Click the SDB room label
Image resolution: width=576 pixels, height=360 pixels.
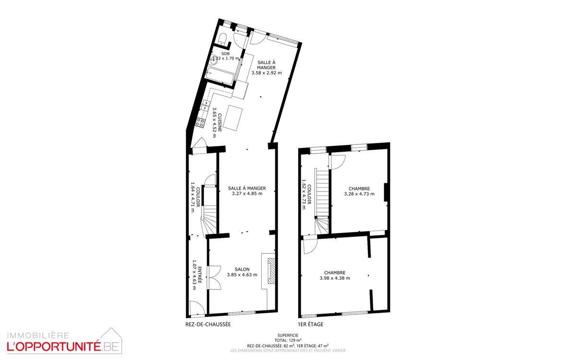(x=225, y=54)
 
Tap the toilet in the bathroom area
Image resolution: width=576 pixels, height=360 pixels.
(x=222, y=39)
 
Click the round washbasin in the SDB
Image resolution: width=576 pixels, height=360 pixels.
(x=214, y=61)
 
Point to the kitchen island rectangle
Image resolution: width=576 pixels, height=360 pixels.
(x=233, y=118)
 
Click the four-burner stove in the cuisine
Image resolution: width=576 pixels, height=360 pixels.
(x=200, y=122)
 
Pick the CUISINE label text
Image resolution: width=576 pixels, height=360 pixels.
(x=220, y=122)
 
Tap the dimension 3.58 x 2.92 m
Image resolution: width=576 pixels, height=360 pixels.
(x=266, y=73)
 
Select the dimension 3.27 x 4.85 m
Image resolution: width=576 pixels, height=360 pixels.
(x=247, y=193)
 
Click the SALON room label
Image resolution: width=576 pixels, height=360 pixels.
(x=242, y=269)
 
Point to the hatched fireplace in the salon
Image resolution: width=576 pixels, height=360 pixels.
(x=271, y=271)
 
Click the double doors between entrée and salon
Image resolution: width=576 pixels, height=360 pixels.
(x=214, y=278)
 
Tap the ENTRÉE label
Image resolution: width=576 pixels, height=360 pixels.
(x=200, y=275)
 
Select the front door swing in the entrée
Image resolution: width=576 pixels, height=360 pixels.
(x=197, y=308)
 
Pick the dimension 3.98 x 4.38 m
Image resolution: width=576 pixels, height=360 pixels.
(x=335, y=278)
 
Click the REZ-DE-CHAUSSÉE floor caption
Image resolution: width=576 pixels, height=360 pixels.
(x=208, y=324)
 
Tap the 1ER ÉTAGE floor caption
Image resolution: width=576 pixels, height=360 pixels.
(x=311, y=324)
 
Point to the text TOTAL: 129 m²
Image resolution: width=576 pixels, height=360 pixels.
(x=288, y=340)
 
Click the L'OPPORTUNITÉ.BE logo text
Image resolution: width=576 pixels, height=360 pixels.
(x=63, y=346)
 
